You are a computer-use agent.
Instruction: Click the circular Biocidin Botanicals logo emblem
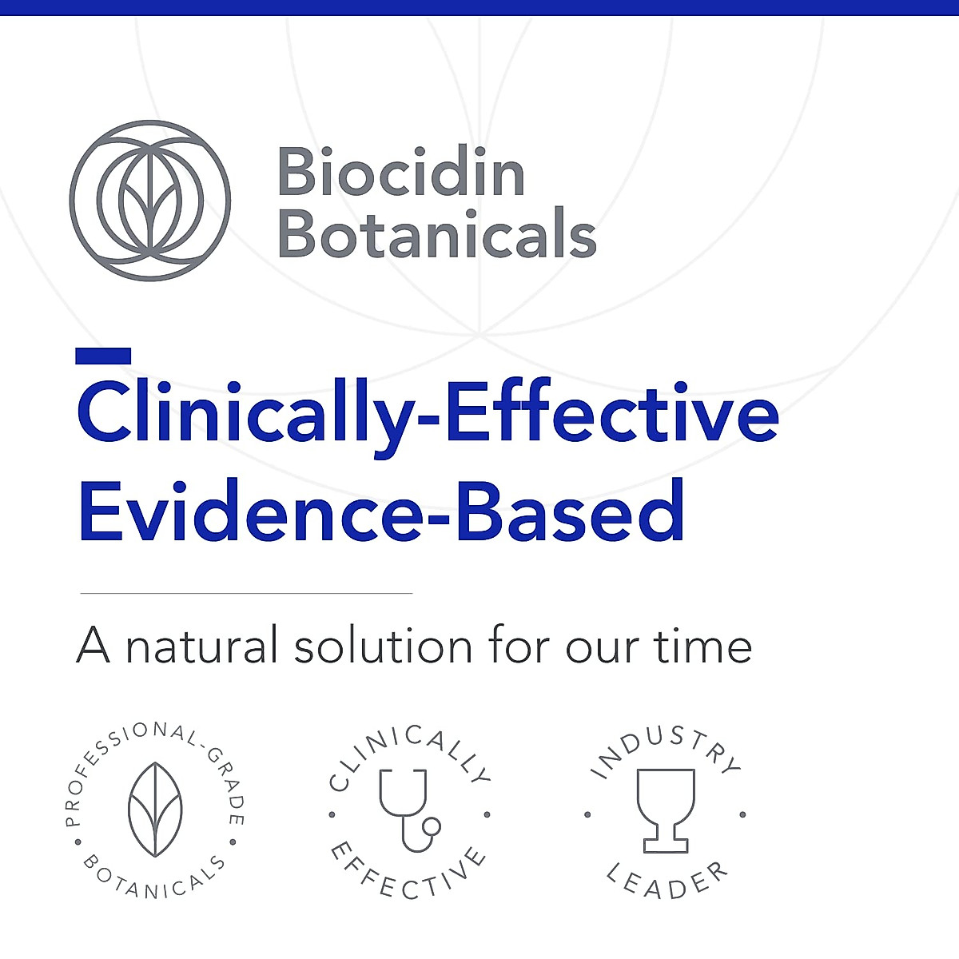point(150,201)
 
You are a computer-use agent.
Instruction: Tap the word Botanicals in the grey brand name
point(436,233)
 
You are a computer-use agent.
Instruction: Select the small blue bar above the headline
point(103,356)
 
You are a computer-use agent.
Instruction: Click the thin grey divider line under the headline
point(246,594)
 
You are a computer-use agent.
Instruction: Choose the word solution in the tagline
point(383,646)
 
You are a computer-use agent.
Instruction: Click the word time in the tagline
point(703,646)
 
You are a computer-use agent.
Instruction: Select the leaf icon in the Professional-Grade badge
point(155,810)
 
